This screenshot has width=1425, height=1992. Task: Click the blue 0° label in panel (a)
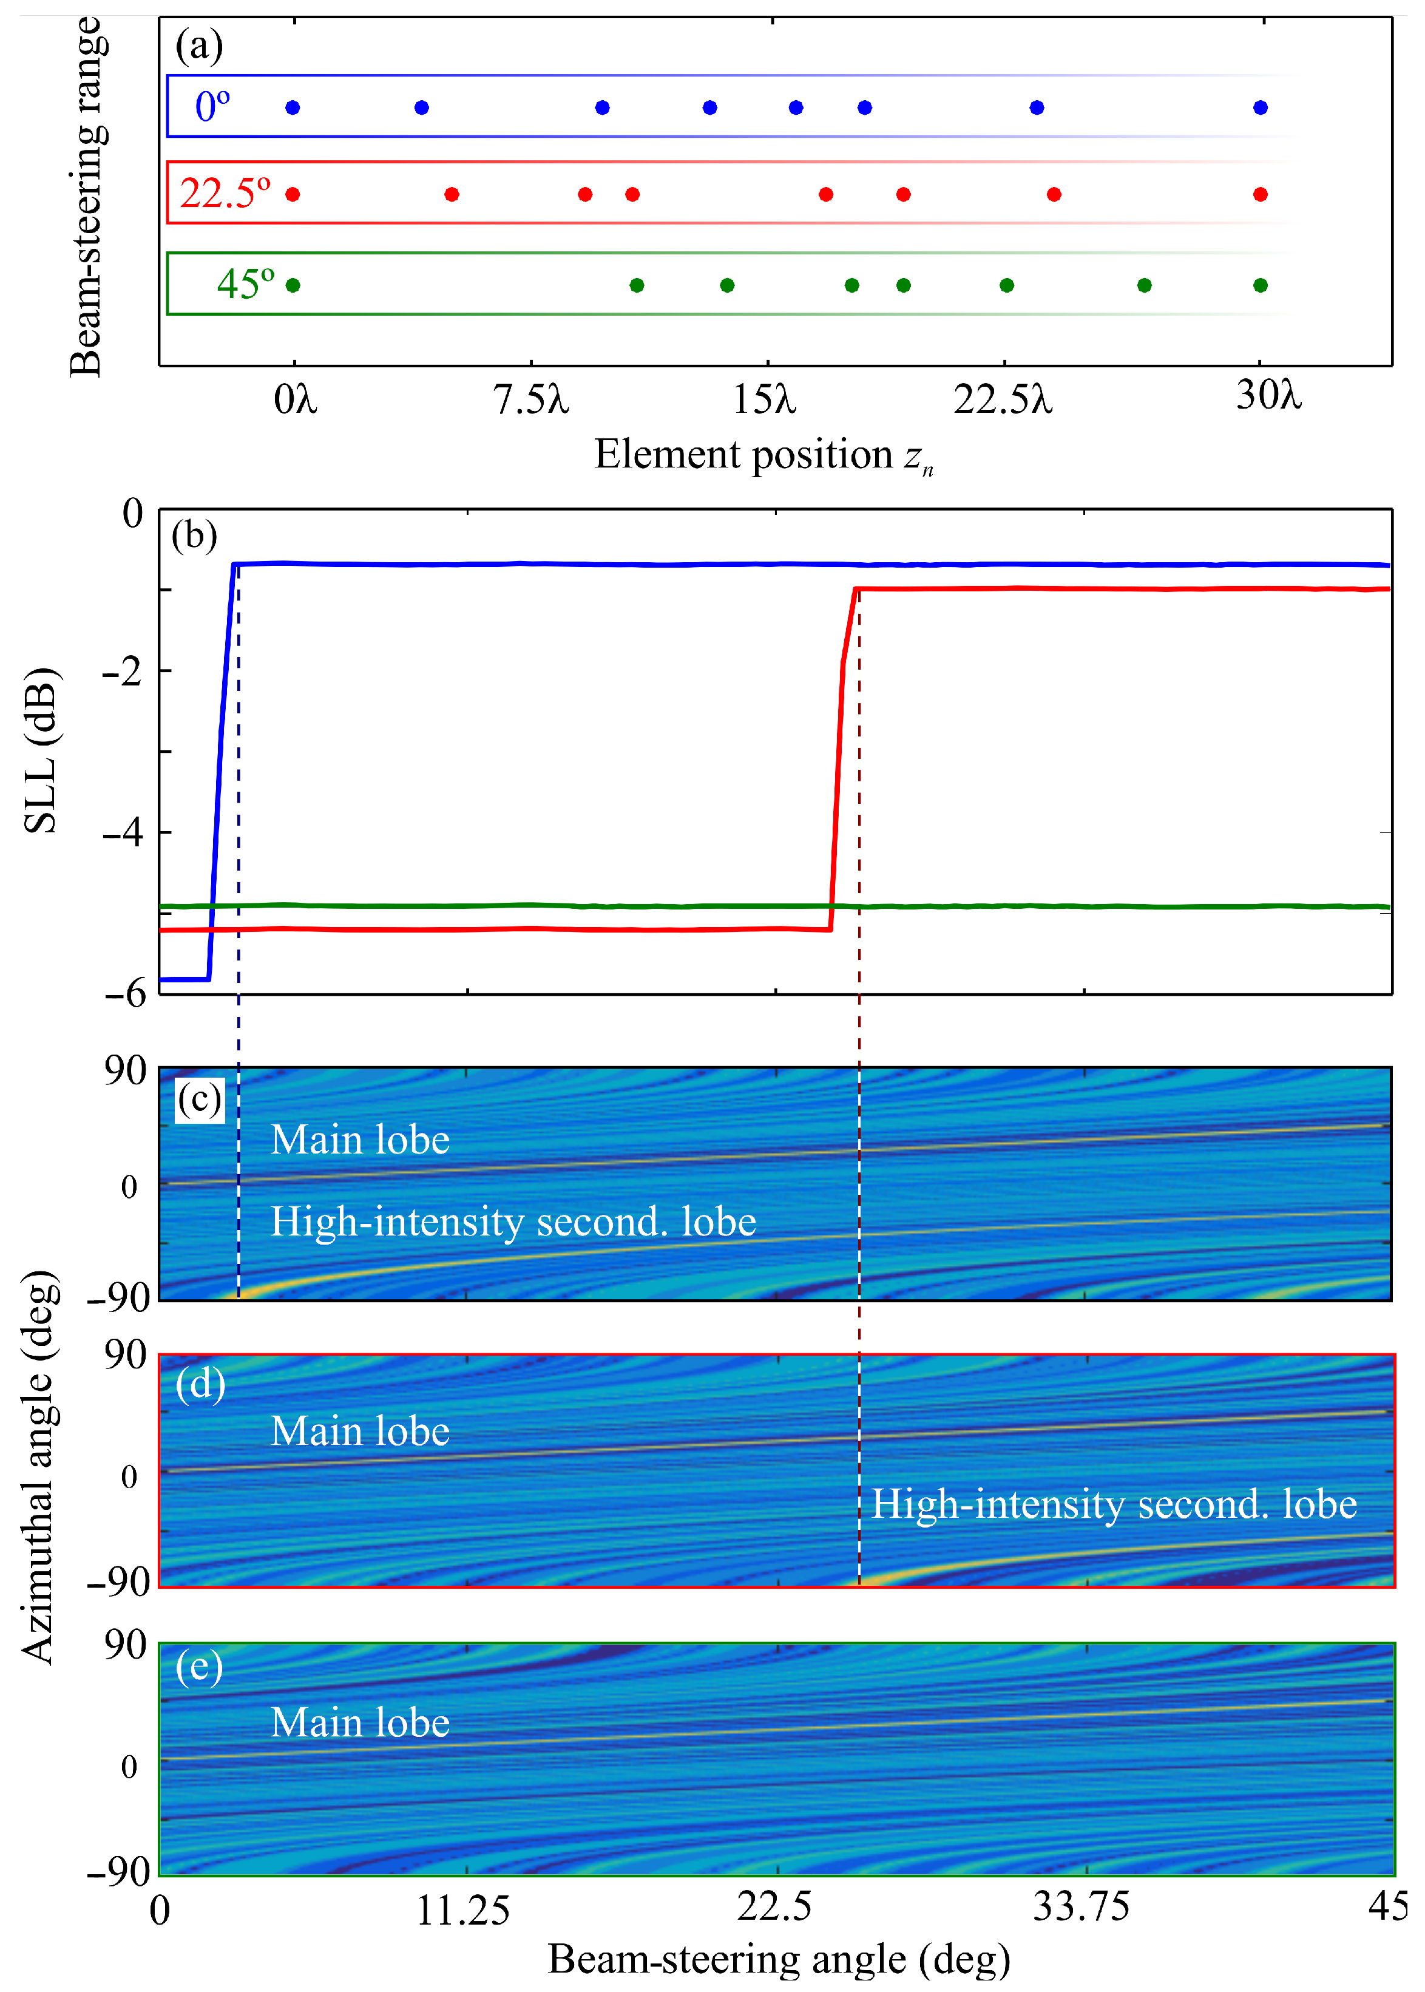(212, 106)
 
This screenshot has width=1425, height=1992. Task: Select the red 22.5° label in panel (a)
(225, 193)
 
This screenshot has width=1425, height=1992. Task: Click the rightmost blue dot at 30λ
(1260, 107)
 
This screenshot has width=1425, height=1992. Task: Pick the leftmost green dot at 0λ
(293, 285)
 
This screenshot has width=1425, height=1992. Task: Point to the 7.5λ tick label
(531, 400)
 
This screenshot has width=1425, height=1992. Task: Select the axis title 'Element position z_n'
(763, 455)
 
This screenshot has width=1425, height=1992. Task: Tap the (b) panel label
(194, 534)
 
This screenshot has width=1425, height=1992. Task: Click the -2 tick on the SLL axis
(123, 671)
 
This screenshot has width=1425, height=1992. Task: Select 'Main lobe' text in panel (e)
(360, 1722)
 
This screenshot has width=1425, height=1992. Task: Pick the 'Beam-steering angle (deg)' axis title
(779, 1959)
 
